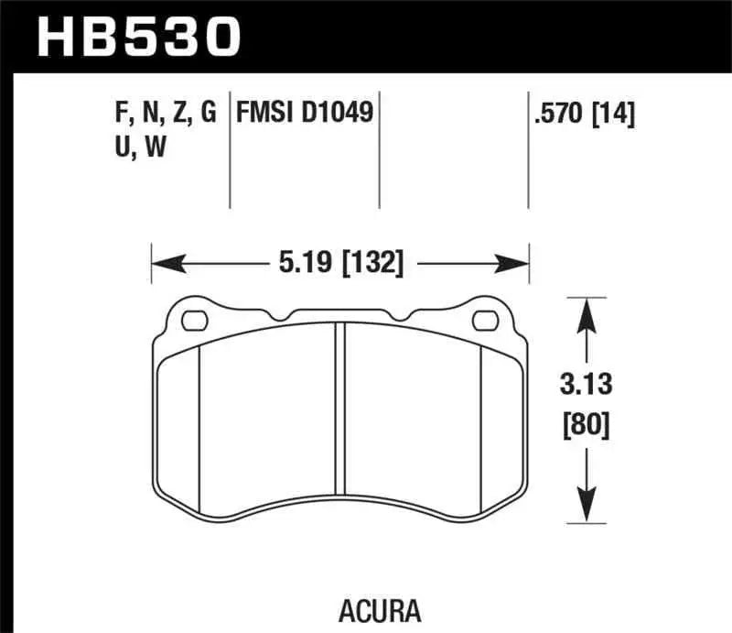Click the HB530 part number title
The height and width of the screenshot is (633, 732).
137,37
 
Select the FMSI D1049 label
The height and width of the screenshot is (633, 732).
304,113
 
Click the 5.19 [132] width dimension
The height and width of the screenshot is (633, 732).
339,264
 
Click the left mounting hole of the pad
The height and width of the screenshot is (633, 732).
194,321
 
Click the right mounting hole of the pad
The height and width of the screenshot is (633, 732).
484,321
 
